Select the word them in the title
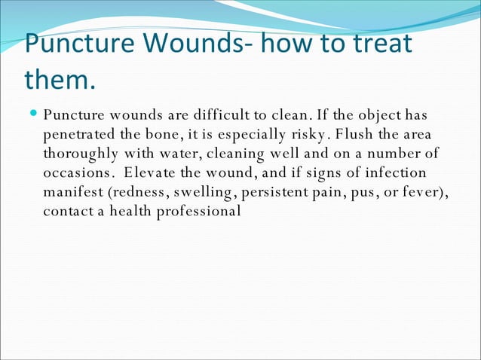tap(57, 78)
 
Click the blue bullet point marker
tap(35, 115)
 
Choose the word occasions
tap(75, 173)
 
